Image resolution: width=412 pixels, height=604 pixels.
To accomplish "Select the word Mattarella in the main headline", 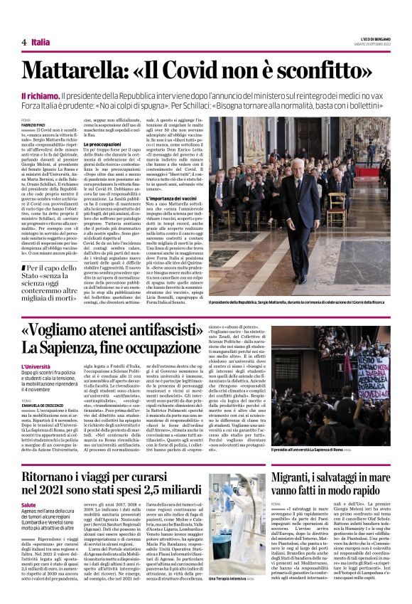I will (86, 71).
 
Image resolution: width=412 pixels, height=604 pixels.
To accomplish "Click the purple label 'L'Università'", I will (35, 366).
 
